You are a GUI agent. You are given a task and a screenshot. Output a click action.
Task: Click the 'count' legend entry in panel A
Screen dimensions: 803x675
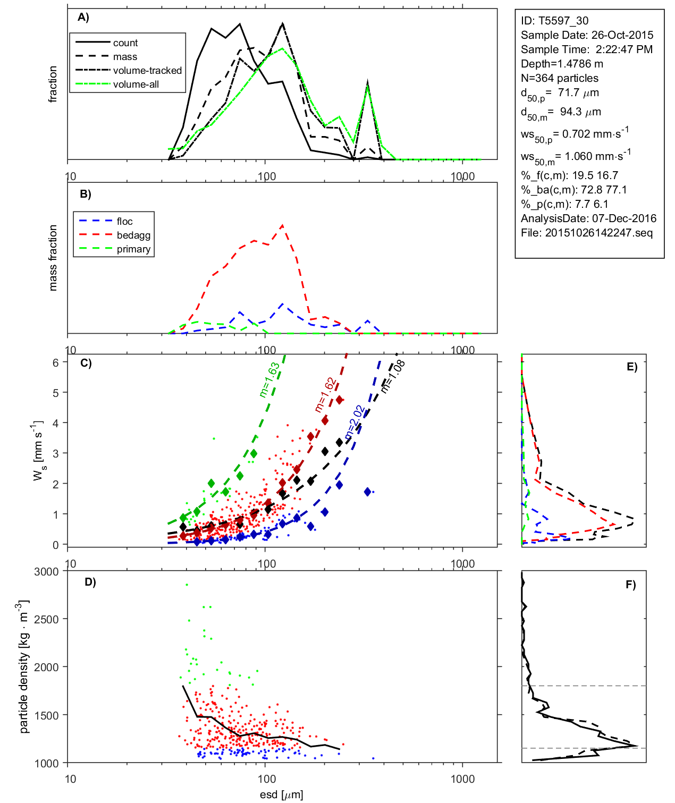[125, 43]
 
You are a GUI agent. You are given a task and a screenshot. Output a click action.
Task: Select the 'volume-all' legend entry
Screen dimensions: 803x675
[136, 84]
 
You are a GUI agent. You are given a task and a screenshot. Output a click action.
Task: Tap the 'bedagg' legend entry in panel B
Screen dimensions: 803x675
[133, 235]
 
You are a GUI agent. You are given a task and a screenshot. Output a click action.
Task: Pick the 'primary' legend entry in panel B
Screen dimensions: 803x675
[133, 249]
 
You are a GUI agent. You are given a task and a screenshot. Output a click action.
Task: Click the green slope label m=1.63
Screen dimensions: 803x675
[269, 380]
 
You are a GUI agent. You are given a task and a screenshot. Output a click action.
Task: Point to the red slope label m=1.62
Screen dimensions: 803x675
[325, 395]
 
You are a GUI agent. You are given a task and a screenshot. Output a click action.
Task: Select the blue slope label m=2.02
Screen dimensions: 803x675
[355, 423]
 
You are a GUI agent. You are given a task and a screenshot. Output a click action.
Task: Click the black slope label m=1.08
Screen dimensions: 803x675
[393, 376]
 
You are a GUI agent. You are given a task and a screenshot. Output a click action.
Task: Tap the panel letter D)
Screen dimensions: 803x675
[90, 582]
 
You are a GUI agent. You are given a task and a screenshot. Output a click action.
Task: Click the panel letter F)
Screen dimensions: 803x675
[630, 585]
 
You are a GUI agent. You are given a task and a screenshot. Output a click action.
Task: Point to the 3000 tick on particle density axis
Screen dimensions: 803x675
[46, 572]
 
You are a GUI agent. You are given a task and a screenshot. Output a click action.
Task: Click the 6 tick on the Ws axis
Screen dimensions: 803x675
[56, 362]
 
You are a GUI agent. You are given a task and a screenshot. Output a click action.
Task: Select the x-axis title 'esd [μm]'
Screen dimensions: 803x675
[281, 794]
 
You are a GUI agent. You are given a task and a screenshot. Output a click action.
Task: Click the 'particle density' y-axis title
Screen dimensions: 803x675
[24, 667]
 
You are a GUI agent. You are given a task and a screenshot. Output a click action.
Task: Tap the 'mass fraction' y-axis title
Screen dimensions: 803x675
[53, 258]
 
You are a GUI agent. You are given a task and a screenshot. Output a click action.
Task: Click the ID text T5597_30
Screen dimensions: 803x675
[554, 21]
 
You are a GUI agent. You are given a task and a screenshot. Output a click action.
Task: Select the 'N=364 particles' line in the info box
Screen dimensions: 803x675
[559, 78]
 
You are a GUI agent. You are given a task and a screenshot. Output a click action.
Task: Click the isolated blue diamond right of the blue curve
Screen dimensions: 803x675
[367, 492]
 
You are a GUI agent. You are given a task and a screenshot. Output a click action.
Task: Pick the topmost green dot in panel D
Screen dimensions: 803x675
[187, 585]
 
